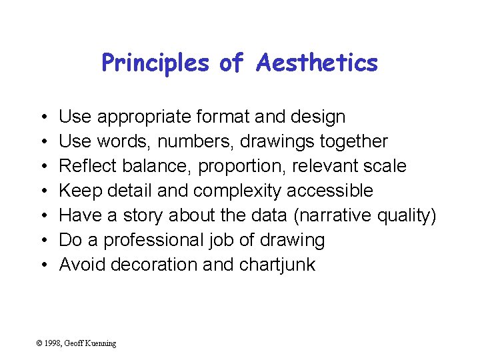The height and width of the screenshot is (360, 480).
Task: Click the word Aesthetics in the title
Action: [x=317, y=63]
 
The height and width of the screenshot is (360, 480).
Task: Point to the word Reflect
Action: [x=87, y=166]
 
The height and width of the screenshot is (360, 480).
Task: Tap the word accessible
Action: [x=330, y=191]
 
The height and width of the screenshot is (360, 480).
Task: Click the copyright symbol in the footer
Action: [x=40, y=343]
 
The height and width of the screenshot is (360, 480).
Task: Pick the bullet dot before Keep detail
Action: [x=42, y=191]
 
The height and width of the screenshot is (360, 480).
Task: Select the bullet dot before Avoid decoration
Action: [x=42, y=265]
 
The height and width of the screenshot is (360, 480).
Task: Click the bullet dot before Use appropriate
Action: [x=42, y=117]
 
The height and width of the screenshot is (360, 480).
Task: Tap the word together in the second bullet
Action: [x=353, y=142]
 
